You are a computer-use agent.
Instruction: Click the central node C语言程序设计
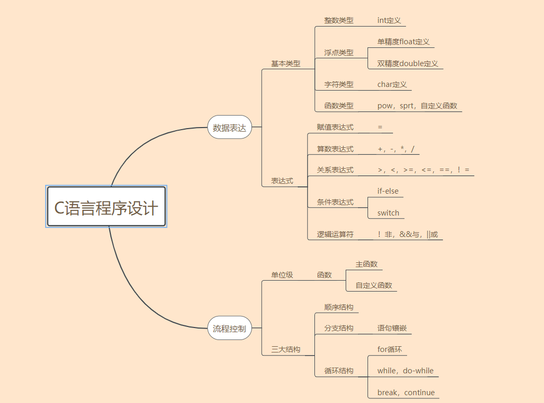[106, 207]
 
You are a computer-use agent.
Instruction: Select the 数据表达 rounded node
[230, 128]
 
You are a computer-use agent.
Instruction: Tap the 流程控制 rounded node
[230, 329]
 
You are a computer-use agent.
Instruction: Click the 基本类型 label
[285, 64]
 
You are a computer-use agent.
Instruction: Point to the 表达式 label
[282, 181]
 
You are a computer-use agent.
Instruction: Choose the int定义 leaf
[389, 20]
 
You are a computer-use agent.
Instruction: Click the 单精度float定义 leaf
[403, 42]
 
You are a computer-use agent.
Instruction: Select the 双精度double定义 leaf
[408, 64]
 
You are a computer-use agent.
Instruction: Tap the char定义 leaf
[392, 84]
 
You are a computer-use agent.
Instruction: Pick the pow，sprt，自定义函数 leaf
[417, 106]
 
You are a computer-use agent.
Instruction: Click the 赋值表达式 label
[335, 127]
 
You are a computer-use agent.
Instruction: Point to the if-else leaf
[388, 191]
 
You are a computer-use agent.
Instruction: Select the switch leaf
[388, 212]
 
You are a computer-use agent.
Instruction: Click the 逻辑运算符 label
[335, 234]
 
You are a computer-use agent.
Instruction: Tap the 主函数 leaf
[366, 264]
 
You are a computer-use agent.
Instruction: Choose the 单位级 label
[282, 274]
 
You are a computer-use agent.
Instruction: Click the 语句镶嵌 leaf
[392, 328]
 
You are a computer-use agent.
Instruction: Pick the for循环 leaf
[389, 349]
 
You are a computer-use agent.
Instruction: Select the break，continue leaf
[406, 393]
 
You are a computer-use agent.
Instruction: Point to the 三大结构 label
[285, 349]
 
